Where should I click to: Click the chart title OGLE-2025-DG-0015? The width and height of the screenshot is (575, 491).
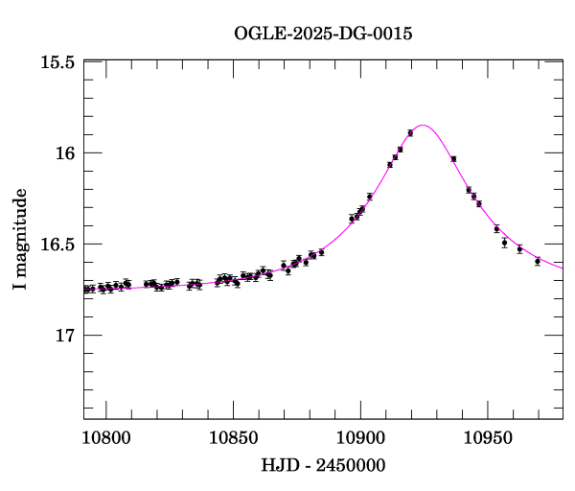pos(323,35)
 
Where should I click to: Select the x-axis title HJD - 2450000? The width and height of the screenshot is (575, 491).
pos(323,466)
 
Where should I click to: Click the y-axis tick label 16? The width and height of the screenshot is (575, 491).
pos(64,153)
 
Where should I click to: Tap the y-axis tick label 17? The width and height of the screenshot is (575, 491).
pos(64,336)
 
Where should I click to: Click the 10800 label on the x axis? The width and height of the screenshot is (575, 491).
pos(104,439)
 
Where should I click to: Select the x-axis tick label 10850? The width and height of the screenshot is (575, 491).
pos(233,439)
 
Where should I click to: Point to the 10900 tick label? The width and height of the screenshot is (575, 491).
pos(360,439)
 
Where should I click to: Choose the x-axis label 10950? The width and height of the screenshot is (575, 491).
pos(488,439)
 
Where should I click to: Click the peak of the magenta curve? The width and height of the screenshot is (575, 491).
pos(423,125)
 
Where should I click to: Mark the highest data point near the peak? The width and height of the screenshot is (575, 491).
pos(410,132)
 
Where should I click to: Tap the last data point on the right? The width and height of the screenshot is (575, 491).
pos(538,261)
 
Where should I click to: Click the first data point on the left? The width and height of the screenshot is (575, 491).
pos(85,289)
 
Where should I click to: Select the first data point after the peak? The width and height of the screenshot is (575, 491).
pos(453,158)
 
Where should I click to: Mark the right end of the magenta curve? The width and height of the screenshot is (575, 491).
pos(563,266)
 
